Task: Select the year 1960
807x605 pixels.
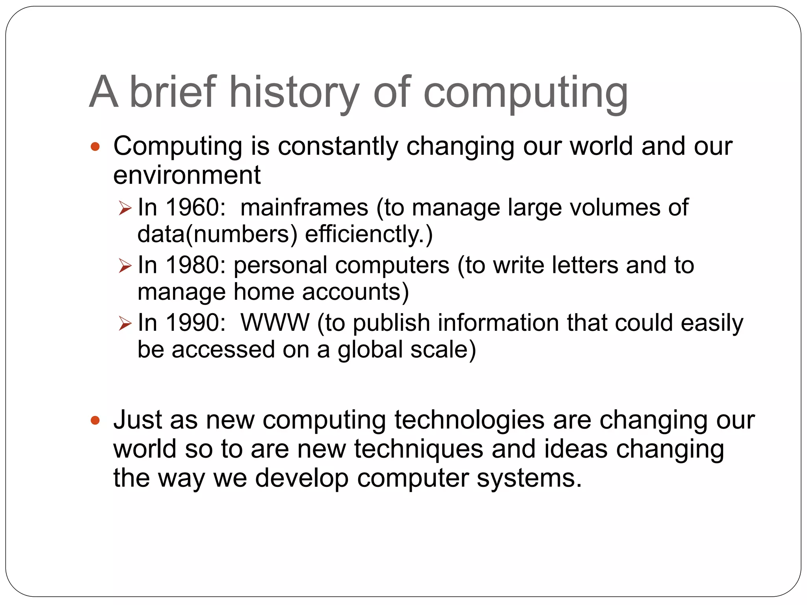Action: point(192,207)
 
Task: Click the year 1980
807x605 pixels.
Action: point(192,265)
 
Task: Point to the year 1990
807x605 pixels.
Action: point(192,323)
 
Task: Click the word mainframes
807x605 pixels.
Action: point(304,207)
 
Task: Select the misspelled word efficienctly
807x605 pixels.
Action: point(368,234)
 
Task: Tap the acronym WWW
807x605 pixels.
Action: point(275,323)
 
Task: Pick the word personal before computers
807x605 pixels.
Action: point(280,265)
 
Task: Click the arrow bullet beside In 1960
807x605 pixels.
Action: point(125,208)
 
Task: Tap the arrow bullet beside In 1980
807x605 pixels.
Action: point(125,266)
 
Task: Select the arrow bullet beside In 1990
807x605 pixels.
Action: point(125,324)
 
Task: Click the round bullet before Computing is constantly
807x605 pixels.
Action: point(95,147)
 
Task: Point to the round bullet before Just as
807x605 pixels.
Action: point(95,421)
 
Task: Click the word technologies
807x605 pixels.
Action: point(469,420)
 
